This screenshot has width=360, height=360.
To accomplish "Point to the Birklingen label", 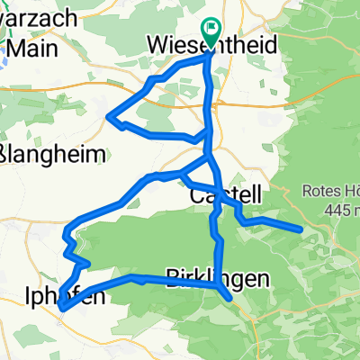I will (219, 279).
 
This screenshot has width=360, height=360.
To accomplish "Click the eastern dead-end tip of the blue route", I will (299, 229).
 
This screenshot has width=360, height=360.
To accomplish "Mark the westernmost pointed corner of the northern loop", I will (109, 115).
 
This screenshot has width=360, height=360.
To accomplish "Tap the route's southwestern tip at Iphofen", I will (61, 309).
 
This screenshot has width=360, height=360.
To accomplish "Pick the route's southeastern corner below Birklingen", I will (230, 298).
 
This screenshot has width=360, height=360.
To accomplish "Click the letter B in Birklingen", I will (175, 279).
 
